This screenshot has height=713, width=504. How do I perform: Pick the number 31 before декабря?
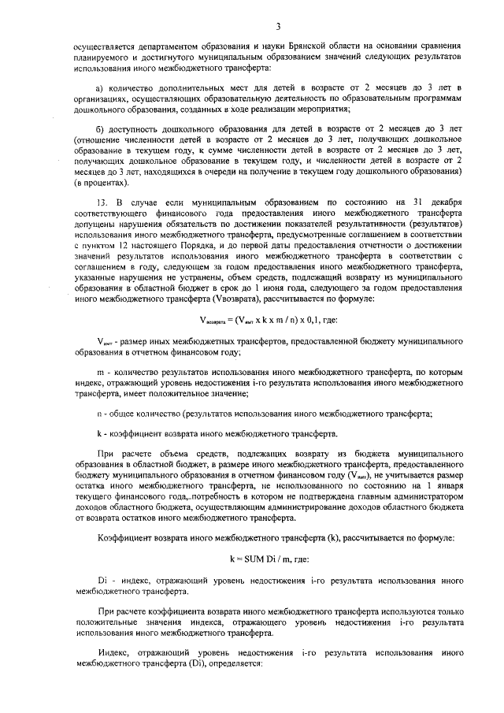tap(416, 202)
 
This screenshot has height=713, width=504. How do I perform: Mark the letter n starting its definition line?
tap(98, 413)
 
